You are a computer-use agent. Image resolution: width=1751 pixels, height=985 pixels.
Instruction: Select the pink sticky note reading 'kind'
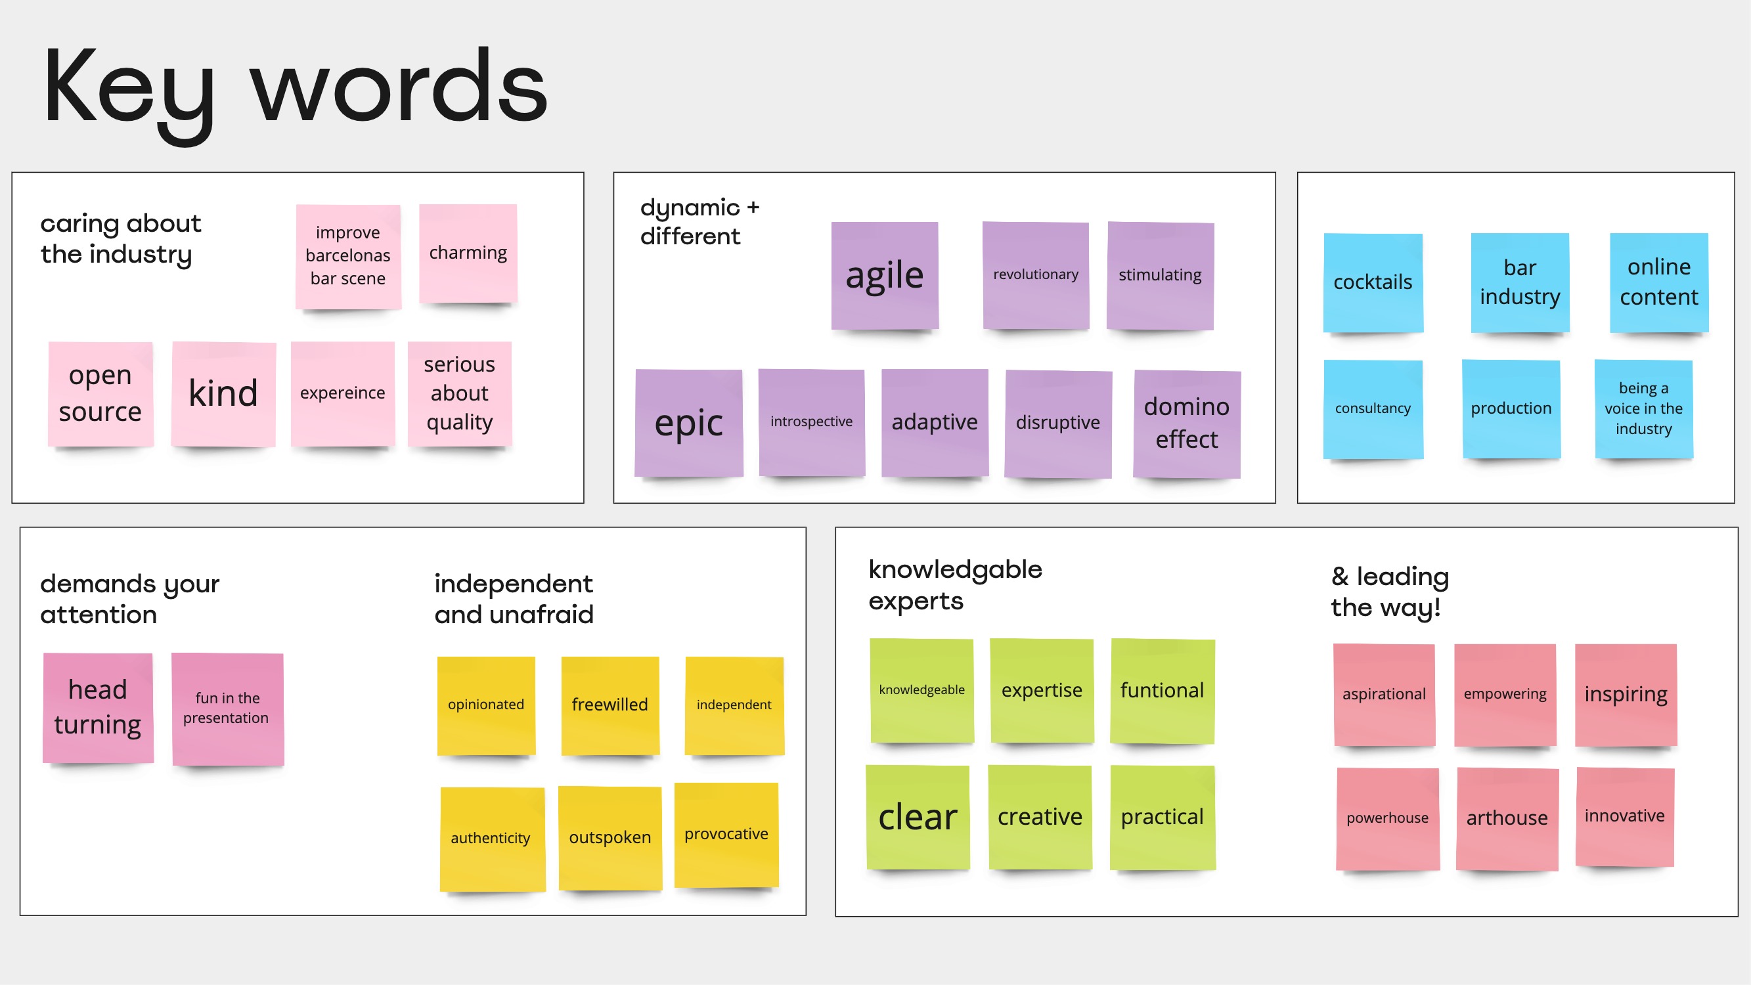tap(223, 393)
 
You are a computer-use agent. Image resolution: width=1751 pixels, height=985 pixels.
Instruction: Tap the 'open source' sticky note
tap(100, 393)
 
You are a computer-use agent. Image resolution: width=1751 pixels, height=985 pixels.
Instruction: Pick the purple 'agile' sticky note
tap(884, 275)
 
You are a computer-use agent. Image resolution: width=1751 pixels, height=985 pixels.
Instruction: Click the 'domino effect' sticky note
tap(1186, 423)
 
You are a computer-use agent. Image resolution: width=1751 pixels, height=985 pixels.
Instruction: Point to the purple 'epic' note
tap(688, 423)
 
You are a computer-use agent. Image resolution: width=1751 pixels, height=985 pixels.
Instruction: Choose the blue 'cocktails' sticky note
tap(1373, 282)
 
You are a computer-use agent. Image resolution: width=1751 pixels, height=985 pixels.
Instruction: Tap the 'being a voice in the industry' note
tap(1643, 408)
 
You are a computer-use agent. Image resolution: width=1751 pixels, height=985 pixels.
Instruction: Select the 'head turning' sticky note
tap(98, 707)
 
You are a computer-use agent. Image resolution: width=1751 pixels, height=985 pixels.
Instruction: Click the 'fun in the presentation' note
tap(227, 709)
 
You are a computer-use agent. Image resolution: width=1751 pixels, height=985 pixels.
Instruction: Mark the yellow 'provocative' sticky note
tap(726, 834)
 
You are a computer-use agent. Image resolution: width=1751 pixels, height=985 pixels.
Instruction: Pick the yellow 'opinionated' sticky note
tap(486, 705)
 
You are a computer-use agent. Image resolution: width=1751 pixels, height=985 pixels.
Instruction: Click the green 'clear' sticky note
tap(918, 816)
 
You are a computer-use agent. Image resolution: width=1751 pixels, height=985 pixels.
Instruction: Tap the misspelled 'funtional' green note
tap(1162, 691)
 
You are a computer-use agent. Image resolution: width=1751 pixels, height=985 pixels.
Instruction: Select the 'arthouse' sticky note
tap(1506, 818)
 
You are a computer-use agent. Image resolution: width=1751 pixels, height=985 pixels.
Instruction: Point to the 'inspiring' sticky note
tap(1626, 694)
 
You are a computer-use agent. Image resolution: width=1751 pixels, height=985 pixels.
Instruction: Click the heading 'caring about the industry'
tap(121, 238)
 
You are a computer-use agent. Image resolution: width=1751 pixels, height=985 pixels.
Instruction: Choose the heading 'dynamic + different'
tap(699, 221)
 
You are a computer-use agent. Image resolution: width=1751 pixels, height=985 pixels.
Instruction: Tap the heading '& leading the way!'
tap(1389, 592)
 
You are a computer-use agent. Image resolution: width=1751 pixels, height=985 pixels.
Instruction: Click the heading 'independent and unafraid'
tap(514, 599)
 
